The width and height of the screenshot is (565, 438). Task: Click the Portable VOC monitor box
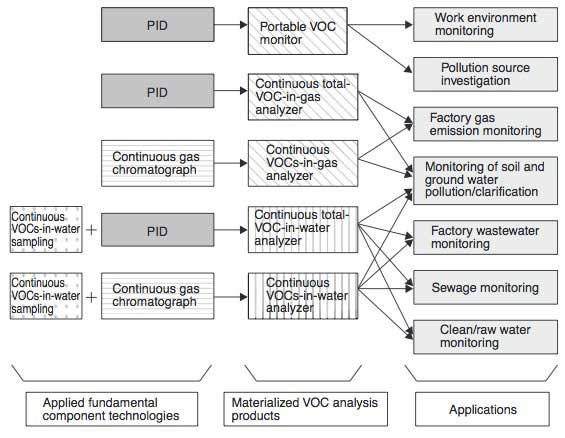coord(299,30)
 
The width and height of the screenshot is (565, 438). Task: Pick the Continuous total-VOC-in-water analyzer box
coord(299,227)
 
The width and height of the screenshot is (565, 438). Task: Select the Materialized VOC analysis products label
coord(299,408)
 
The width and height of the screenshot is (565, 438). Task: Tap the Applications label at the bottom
coord(484,408)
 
